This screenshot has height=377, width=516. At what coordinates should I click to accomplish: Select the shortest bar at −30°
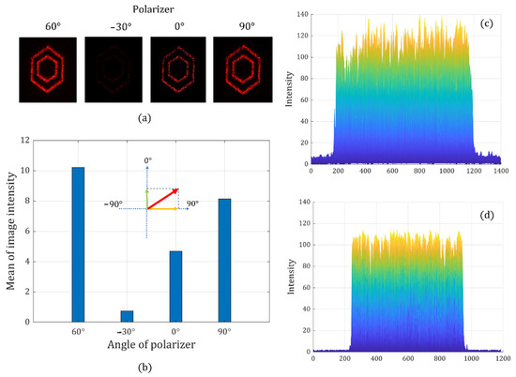[127, 316]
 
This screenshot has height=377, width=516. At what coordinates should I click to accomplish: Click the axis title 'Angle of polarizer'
[151, 352]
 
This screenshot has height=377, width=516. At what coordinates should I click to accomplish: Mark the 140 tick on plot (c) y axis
[299, 15]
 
